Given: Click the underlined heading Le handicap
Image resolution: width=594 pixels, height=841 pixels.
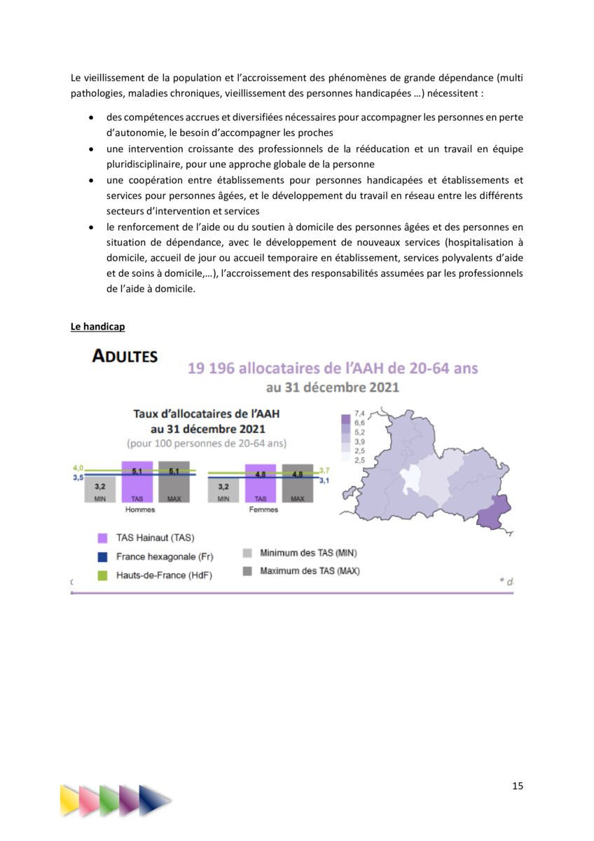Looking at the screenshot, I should click(97, 327).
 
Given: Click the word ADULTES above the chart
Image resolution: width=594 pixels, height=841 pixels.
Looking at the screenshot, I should click(125, 357).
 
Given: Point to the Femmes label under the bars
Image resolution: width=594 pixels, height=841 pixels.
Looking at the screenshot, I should click(263, 510).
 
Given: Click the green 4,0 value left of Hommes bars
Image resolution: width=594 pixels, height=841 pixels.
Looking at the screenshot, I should click(78, 467).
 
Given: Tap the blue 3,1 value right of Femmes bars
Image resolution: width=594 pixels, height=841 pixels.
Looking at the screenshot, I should click(324, 481).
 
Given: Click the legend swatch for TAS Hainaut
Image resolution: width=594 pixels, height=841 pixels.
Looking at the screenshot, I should click(102, 539).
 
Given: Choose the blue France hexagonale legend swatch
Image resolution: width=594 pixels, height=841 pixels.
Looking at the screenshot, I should click(102, 557).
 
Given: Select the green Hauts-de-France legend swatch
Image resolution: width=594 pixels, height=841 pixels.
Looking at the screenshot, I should click(102, 575).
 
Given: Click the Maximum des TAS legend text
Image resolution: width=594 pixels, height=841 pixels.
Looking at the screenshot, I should click(310, 571).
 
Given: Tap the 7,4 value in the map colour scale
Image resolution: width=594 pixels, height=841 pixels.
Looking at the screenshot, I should click(360, 415).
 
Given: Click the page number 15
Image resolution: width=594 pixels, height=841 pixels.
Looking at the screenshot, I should click(517, 786).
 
